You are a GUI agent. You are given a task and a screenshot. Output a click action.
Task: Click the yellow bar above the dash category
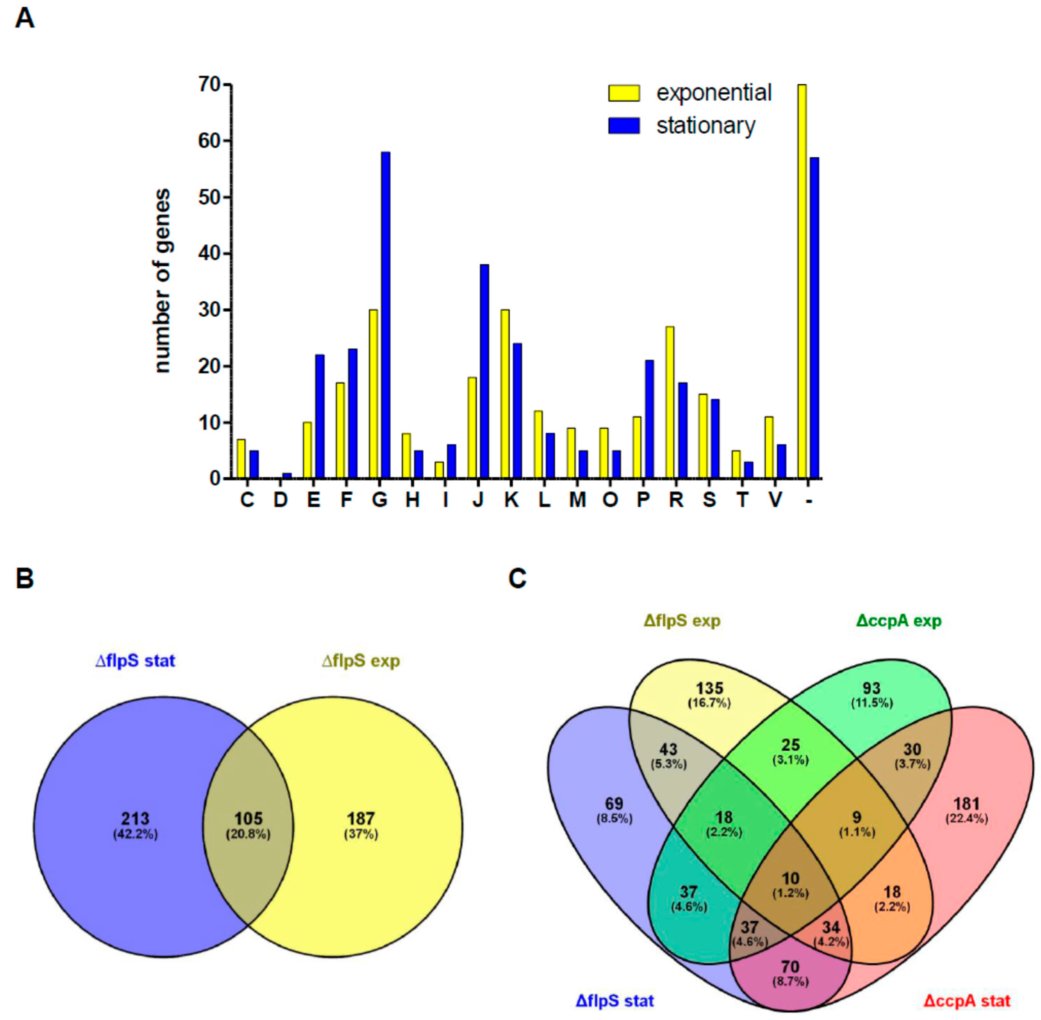802,281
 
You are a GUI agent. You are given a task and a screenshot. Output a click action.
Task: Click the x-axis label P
643,500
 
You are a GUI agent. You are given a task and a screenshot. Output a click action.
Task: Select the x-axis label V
775,500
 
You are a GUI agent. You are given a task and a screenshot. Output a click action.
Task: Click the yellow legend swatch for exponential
623,93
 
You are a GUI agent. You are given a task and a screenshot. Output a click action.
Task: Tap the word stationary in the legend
705,126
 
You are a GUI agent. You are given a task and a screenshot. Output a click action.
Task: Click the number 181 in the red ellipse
966,804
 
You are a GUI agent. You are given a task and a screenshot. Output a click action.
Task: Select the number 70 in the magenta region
790,966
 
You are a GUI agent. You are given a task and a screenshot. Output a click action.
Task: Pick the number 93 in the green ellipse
871,688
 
